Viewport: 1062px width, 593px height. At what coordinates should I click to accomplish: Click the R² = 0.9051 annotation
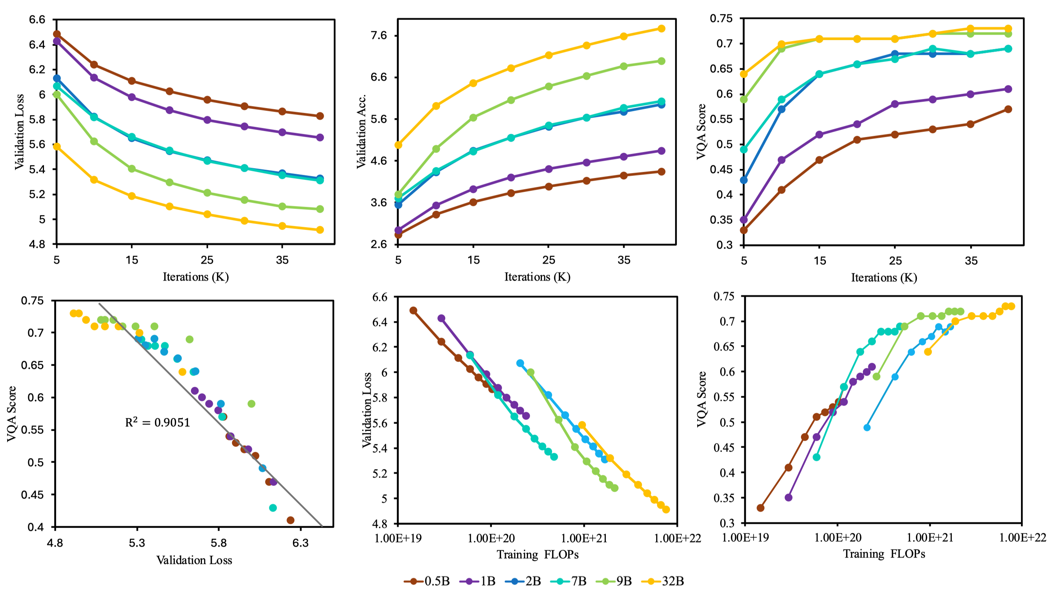158,422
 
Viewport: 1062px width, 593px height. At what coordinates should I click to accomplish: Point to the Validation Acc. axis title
361,131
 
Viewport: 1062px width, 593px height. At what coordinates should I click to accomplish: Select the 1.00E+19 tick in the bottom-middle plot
398,538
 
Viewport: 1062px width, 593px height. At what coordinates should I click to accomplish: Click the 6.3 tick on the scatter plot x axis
300,543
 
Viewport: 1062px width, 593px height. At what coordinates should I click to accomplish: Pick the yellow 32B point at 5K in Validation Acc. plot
398,145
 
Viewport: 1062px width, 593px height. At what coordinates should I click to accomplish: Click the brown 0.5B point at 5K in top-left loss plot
57,34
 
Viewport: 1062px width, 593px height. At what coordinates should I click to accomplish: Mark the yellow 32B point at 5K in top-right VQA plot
744,74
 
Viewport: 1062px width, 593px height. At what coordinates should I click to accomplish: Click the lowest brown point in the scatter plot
290,520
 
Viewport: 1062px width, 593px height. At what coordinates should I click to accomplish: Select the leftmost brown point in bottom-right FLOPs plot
761,508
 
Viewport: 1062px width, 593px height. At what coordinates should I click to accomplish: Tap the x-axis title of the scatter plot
194,560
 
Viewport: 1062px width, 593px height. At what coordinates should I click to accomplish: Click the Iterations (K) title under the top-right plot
884,277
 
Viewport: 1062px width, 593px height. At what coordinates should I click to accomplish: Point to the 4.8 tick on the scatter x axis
55,543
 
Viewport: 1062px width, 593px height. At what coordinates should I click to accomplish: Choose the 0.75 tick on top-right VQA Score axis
721,18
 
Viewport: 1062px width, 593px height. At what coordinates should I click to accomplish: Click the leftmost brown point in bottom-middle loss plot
413,310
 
